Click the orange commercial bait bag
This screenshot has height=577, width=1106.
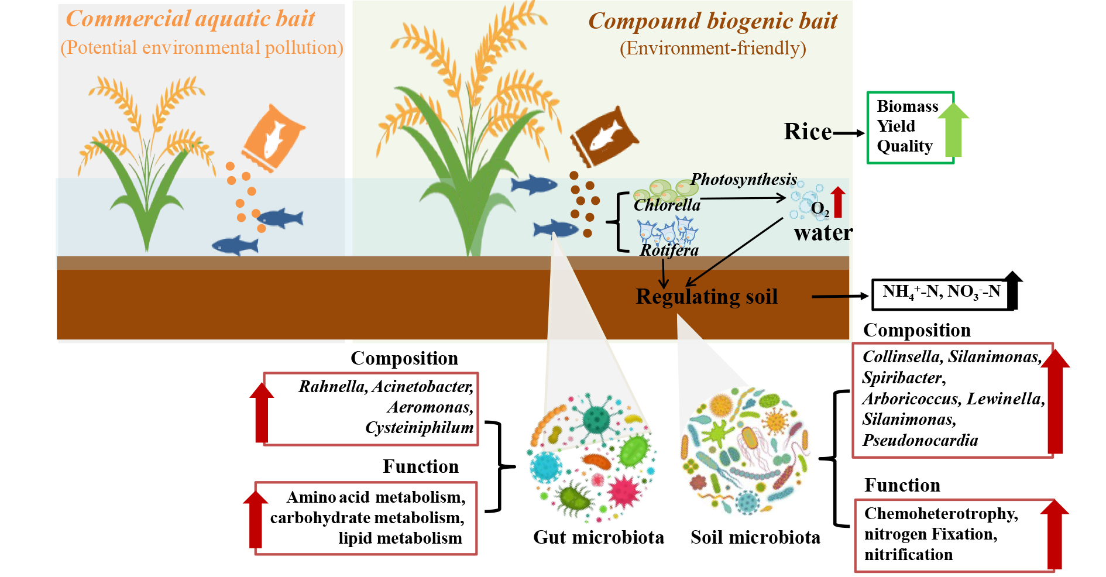pos(273,138)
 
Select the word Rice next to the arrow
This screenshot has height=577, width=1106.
pos(808,132)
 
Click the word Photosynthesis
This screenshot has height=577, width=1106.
pos(744,179)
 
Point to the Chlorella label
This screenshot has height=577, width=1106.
pos(667,205)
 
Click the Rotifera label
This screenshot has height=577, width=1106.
pos(669,250)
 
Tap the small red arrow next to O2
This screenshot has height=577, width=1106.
pos(838,202)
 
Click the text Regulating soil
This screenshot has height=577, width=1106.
pos(706,297)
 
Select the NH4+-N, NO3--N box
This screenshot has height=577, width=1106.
pos(941,293)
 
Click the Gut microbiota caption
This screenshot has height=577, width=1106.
pos(598,537)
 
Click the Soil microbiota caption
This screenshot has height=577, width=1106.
pos(755,537)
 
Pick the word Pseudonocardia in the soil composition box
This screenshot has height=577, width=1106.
pos(920,440)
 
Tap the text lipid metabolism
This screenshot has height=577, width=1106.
pos(400,538)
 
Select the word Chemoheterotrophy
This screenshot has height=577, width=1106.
pos(941,513)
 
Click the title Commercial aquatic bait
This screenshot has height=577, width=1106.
pos(190,19)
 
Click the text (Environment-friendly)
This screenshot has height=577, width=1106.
pos(713,48)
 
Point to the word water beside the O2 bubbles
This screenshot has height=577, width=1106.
pos(823,233)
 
